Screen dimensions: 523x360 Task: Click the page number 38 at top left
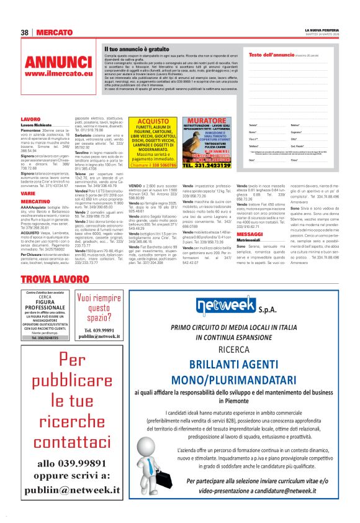[x=25, y=32]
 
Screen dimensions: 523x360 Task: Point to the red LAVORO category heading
[x=30, y=119]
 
